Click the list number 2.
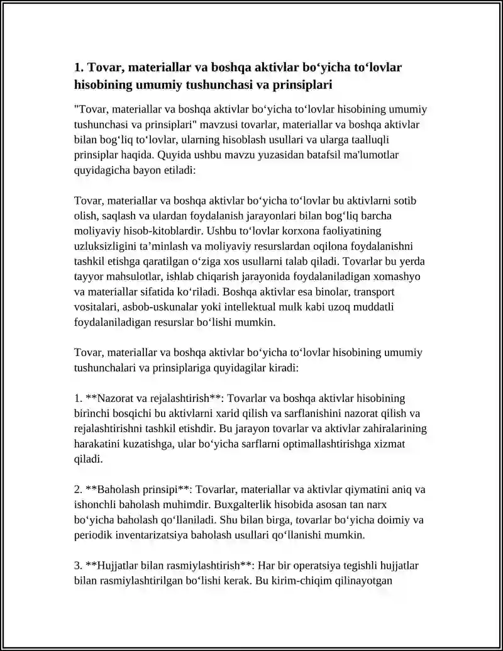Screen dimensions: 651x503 tap(78, 489)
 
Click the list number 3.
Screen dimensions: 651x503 tap(78, 565)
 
